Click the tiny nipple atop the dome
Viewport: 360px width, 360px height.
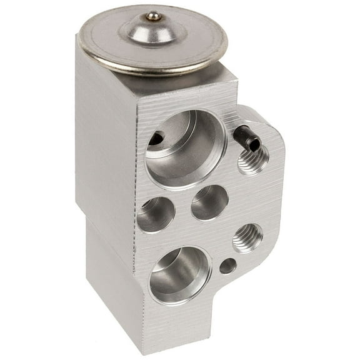pos(153,17)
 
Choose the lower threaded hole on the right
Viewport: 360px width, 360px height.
pos(247,237)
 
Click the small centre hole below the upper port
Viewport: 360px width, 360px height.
pos(209,202)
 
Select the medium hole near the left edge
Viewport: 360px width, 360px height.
pos(155,214)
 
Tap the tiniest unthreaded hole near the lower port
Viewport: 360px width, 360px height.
pos(228,266)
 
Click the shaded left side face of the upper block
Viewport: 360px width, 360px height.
pos(103,144)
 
